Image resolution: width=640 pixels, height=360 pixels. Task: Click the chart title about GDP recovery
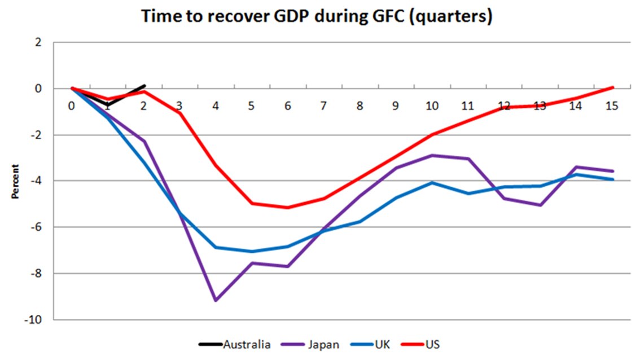pyautogui.click(x=317, y=17)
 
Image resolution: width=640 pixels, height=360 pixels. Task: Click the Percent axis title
pyautogui.click(x=15, y=181)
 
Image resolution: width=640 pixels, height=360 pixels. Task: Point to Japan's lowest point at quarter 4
pyautogui.click(x=216, y=301)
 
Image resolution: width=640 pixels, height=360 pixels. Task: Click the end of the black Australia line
pyautogui.click(x=144, y=86)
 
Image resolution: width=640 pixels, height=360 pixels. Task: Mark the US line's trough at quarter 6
pyautogui.click(x=288, y=208)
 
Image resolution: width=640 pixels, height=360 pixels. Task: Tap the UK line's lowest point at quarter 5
pyautogui.click(x=252, y=252)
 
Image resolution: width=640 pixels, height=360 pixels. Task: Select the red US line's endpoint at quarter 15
pyautogui.click(x=612, y=87)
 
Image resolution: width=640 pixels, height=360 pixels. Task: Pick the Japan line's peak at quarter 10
pyautogui.click(x=432, y=155)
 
